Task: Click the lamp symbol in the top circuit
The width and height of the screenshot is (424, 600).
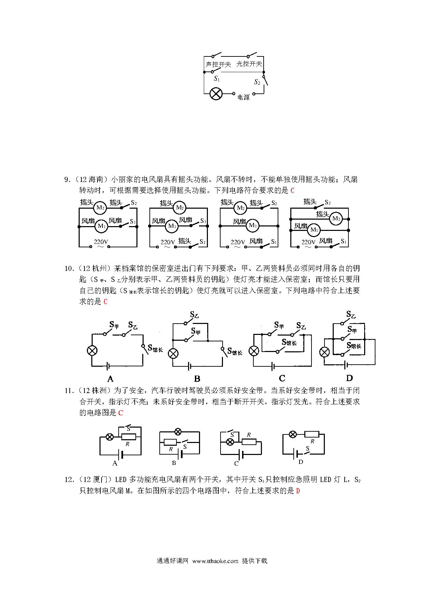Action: pyautogui.click(x=216, y=93)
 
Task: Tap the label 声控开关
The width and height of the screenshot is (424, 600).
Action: pyautogui.click(x=218, y=64)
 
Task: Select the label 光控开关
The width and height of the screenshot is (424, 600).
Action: pyautogui.click(x=249, y=64)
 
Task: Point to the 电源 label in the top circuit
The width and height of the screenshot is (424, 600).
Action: pyautogui.click(x=243, y=97)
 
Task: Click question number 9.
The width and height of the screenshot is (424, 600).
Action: pyautogui.click(x=68, y=180)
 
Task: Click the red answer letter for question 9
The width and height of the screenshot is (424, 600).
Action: pyautogui.click(x=292, y=191)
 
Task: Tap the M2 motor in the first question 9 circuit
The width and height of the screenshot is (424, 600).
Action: pyautogui.click(x=100, y=207)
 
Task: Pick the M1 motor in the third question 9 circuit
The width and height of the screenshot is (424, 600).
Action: pyautogui.click(x=253, y=225)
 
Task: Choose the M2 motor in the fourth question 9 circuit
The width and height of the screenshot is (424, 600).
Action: pyautogui.click(x=336, y=219)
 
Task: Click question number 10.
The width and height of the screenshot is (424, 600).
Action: pyautogui.click(x=69, y=269)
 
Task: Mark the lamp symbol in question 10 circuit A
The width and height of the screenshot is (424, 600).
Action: pyautogui.click(x=92, y=351)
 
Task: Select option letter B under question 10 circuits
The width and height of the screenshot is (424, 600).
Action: pyautogui.click(x=197, y=379)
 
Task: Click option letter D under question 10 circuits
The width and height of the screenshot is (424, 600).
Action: pyautogui.click(x=349, y=378)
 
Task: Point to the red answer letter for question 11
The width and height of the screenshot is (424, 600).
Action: pyautogui.click(x=121, y=413)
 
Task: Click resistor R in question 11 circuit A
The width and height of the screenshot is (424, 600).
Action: pyautogui.click(x=129, y=437)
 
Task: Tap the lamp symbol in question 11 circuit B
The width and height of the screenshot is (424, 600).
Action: pyautogui.click(x=178, y=431)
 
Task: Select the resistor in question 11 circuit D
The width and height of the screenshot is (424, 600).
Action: pyautogui.click(x=312, y=434)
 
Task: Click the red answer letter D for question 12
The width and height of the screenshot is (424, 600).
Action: pyautogui.click(x=298, y=491)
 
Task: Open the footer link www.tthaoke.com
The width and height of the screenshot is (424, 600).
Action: pyautogui.click(x=215, y=561)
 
